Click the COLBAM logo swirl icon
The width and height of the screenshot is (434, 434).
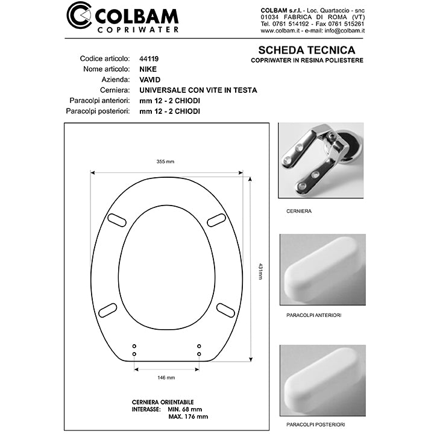(x=79, y=16)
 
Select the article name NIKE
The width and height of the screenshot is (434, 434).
(x=147, y=69)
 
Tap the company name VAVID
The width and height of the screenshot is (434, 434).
(x=149, y=80)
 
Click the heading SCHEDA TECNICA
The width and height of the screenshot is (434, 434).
(x=306, y=51)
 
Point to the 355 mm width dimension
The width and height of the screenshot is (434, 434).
(x=165, y=162)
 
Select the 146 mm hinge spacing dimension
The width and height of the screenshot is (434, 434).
(x=166, y=377)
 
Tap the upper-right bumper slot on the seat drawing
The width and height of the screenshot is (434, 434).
(x=216, y=221)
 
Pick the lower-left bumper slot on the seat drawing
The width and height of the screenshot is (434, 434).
(x=107, y=310)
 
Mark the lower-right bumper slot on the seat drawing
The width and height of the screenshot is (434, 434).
(x=225, y=310)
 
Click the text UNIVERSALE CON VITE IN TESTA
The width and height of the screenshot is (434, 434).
(x=198, y=90)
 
